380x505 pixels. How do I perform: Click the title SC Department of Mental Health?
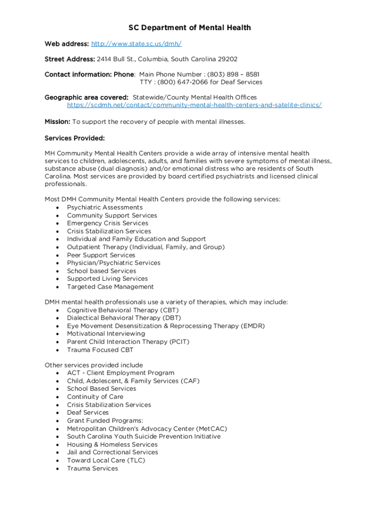(190, 28)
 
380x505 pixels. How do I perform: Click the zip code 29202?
(226, 59)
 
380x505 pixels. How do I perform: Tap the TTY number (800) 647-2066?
(187, 82)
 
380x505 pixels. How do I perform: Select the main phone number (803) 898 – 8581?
(230, 74)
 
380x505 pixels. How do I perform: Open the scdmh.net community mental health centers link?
(194, 105)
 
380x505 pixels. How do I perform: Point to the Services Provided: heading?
(75, 138)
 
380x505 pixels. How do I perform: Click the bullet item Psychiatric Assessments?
(105, 208)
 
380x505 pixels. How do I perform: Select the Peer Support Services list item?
(101, 255)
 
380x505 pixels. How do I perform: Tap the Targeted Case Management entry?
(111, 287)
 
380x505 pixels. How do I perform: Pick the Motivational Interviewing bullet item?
(106, 334)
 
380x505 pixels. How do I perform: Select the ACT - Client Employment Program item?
(120, 373)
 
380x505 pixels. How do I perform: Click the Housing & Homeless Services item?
(112, 444)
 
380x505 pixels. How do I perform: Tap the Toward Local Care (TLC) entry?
(106, 460)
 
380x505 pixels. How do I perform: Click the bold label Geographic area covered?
(87, 97)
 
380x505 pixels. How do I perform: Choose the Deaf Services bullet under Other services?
(88, 412)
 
